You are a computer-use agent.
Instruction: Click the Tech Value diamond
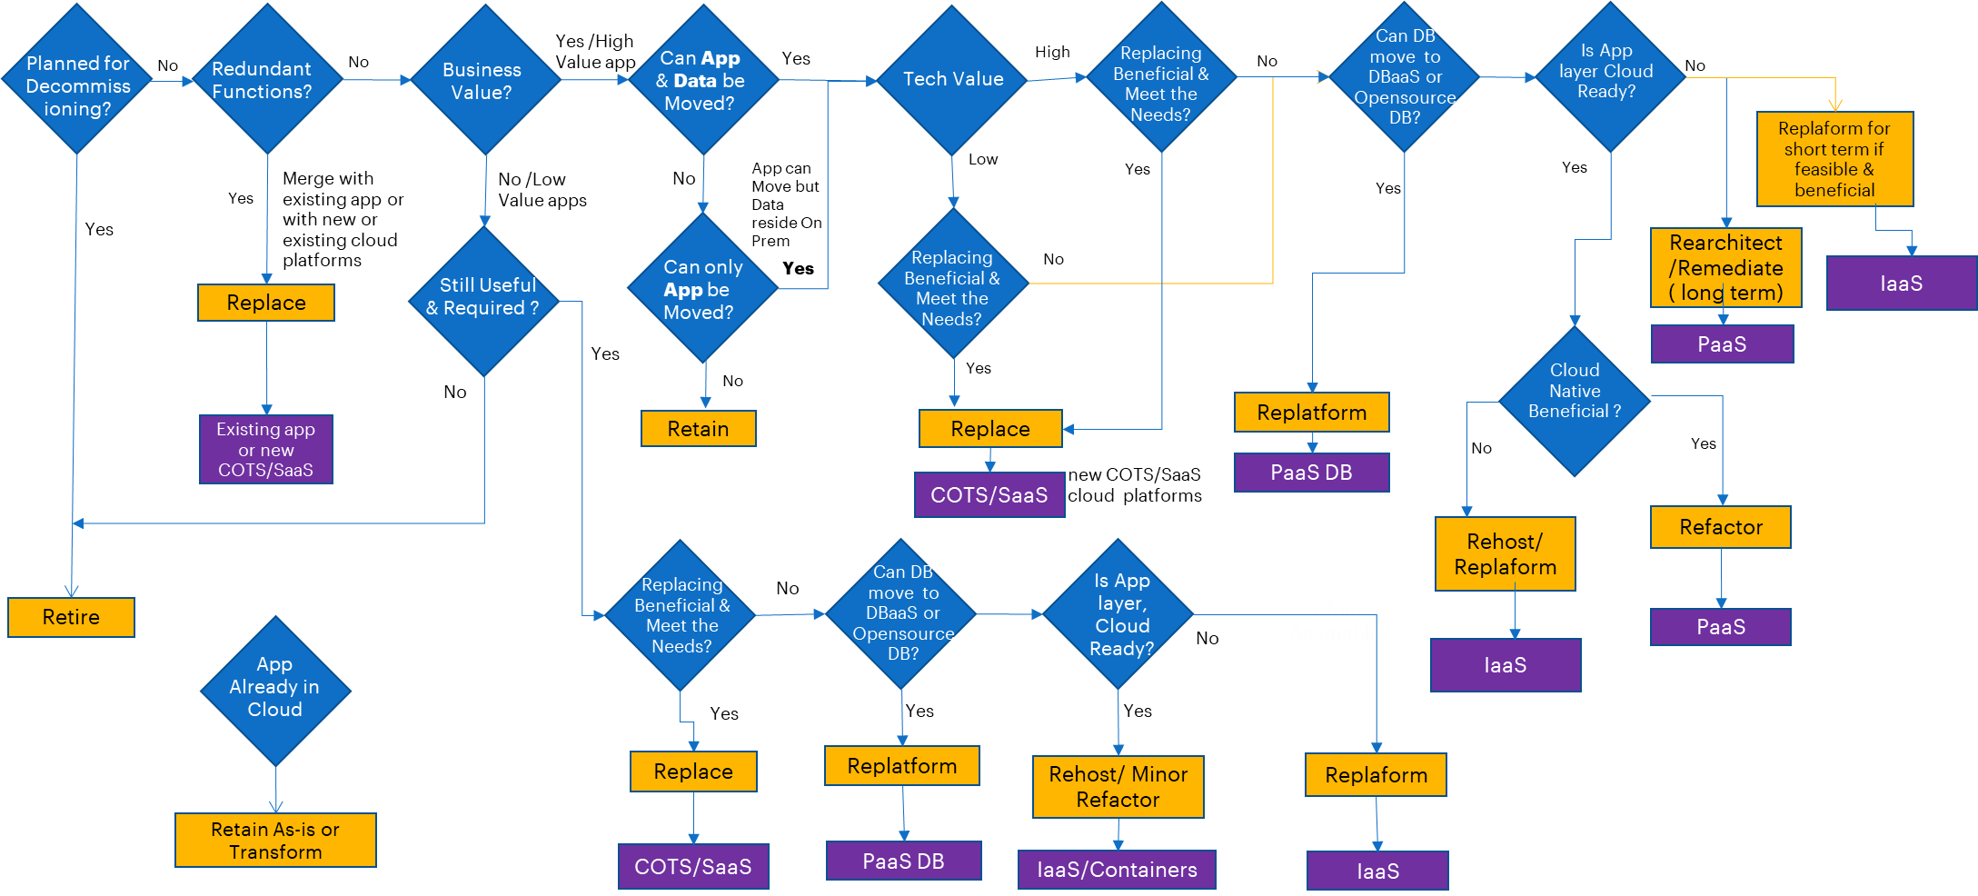[x=952, y=80]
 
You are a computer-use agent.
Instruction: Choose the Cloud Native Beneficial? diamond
[x=1574, y=400]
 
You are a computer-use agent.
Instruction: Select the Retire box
[x=71, y=617]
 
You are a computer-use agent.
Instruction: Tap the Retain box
[x=698, y=429]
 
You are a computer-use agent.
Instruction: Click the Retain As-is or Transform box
[x=275, y=840]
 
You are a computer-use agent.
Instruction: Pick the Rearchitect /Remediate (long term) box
[x=1725, y=267]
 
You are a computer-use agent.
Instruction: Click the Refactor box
[x=1720, y=527]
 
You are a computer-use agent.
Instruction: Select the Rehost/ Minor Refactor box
[x=1118, y=787]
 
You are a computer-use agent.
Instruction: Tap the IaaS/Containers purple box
[x=1117, y=870]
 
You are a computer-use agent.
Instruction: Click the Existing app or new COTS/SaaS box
[x=266, y=449]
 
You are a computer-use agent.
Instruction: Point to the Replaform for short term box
[x=1834, y=159]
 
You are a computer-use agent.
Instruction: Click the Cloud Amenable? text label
[x=1339, y=622]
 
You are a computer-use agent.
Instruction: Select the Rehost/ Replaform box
[x=1505, y=554]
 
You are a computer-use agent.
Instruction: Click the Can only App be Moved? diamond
[x=702, y=289]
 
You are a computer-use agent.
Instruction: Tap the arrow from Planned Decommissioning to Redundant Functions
[x=173, y=81]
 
